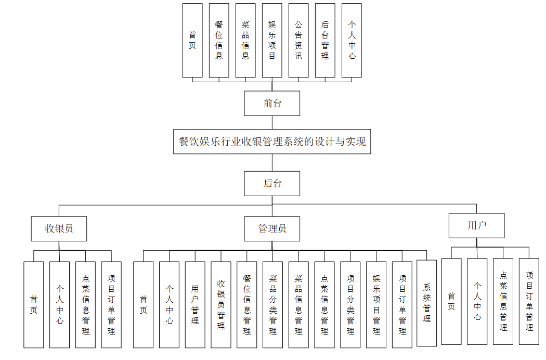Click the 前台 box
(x=272, y=103)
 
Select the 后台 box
(x=272, y=183)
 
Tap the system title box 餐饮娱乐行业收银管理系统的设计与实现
(x=272, y=142)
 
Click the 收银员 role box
(x=59, y=228)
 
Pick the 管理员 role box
(x=272, y=228)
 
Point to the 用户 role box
(x=476, y=225)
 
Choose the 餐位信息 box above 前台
(x=219, y=40)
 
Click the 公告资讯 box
(x=298, y=40)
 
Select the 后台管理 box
(x=325, y=40)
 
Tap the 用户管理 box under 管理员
(x=195, y=304)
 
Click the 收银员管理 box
(x=221, y=304)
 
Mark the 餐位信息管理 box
(x=247, y=304)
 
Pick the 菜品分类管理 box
(x=273, y=304)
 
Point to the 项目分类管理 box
(x=350, y=304)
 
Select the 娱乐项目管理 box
(x=376, y=304)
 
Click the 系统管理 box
(x=427, y=303)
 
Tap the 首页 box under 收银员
(x=34, y=304)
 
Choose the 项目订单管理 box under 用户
(x=529, y=301)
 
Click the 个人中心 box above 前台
(x=352, y=40)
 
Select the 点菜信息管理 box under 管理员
(x=324, y=304)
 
